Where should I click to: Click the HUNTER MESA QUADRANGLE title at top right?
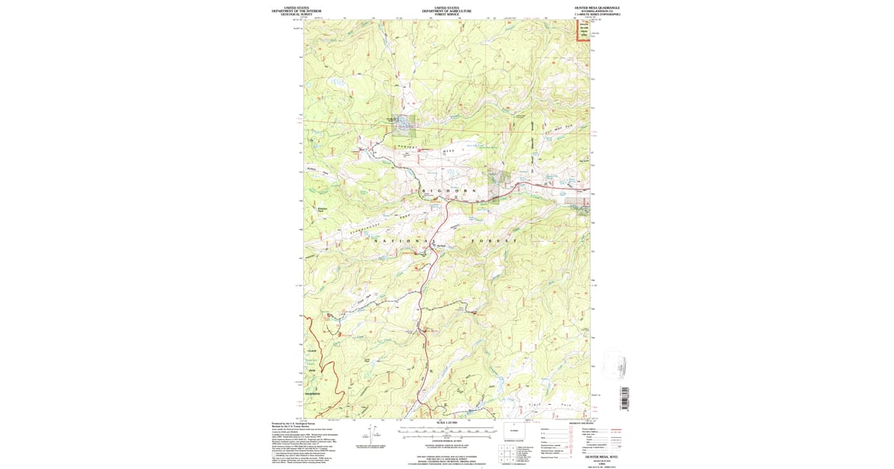click(x=597, y=7)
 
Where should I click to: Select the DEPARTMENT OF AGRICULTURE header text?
click(x=447, y=10)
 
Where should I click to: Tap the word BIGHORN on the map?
click(x=448, y=191)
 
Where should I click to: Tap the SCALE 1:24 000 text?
click(x=447, y=423)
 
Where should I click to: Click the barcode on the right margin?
click(x=625, y=398)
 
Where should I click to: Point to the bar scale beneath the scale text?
click(x=447, y=430)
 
